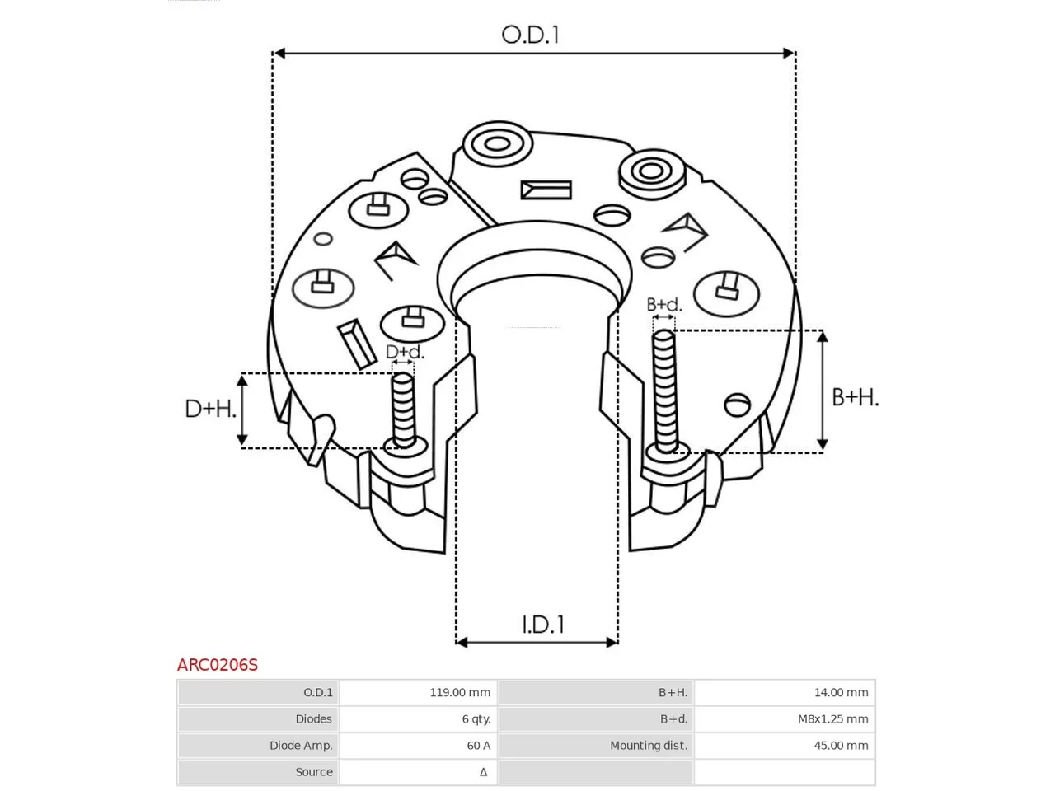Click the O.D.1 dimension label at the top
tap(530, 35)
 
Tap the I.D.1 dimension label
tap(542, 624)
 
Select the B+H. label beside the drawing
tap(855, 397)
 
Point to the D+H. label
tap(210, 409)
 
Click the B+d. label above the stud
tap(663, 305)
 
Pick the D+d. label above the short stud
tap(405, 352)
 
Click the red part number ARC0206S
tap(218, 665)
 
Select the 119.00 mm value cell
tap(460, 692)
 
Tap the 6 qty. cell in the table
tap(476, 718)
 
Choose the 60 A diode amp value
tap(479, 745)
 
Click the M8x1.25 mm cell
tap(833, 718)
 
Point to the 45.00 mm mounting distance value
tap(842, 745)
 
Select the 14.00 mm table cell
tap(842, 692)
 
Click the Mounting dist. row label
tap(649, 745)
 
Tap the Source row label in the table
tap(314, 771)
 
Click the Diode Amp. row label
tap(301, 745)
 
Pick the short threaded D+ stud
tap(403, 411)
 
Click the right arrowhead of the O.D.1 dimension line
tap(788, 53)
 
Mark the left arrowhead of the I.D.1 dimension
tap(462, 642)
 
